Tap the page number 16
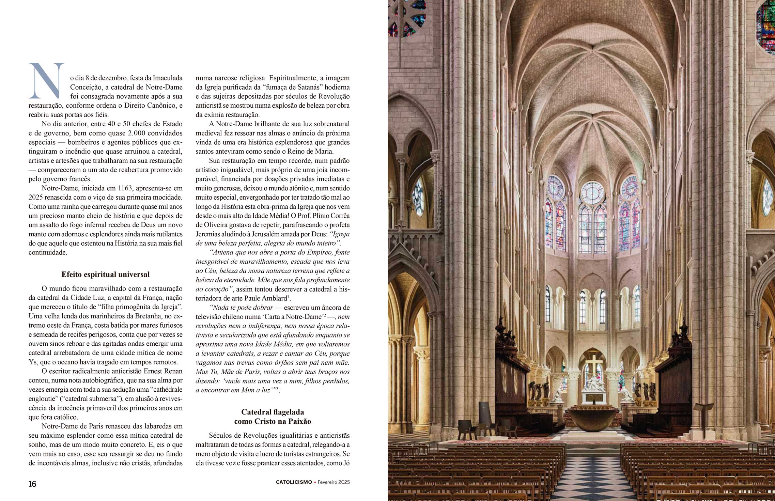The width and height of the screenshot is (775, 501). tap(32, 484)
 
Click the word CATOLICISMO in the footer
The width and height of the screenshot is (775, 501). tap(294, 482)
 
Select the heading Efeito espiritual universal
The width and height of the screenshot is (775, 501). tap(106, 275)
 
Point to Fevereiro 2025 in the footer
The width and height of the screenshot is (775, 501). tap(334, 482)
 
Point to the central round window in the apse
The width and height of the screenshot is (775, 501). tap(593, 193)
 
